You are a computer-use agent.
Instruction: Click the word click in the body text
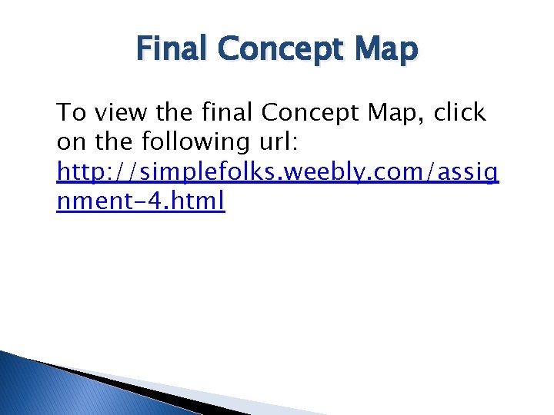pos(459,114)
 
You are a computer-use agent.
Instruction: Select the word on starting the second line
pos(69,143)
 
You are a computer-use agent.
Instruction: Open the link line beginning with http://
pos(277,172)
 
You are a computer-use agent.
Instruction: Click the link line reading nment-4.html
pos(141,201)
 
